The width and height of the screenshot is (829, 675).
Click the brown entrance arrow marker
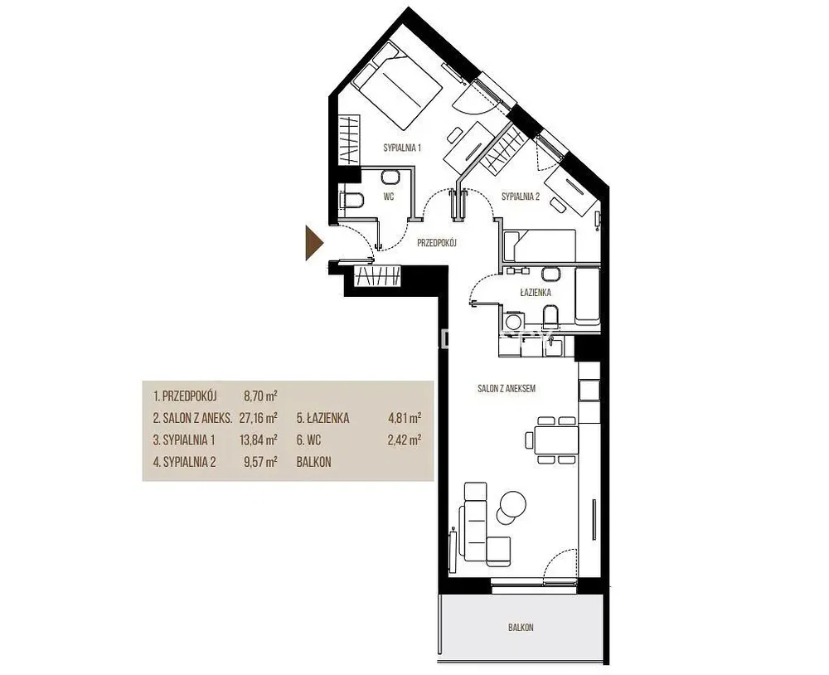pos(313,243)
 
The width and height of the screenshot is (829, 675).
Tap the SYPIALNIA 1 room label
pos(402,148)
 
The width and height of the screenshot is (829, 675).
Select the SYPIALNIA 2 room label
pos(521,197)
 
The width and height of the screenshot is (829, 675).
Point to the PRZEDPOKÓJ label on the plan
pos(437,243)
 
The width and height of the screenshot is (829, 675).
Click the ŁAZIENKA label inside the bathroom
pos(536,292)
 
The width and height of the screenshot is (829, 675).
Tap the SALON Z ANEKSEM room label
pos(507,388)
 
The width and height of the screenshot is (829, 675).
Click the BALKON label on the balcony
pos(521,628)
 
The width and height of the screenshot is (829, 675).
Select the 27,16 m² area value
pos(259,418)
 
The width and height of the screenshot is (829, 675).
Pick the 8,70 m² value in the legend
pos(260,396)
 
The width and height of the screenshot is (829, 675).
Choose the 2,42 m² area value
pos(405,439)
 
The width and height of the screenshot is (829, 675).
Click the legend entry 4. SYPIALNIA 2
pos(185,462)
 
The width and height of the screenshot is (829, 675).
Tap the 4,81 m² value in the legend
pos(405,418)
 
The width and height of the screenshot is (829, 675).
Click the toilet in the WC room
pos(351,201)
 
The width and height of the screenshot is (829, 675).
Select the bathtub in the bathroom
pos(587,297)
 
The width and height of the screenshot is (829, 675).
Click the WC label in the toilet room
pos(389,197)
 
